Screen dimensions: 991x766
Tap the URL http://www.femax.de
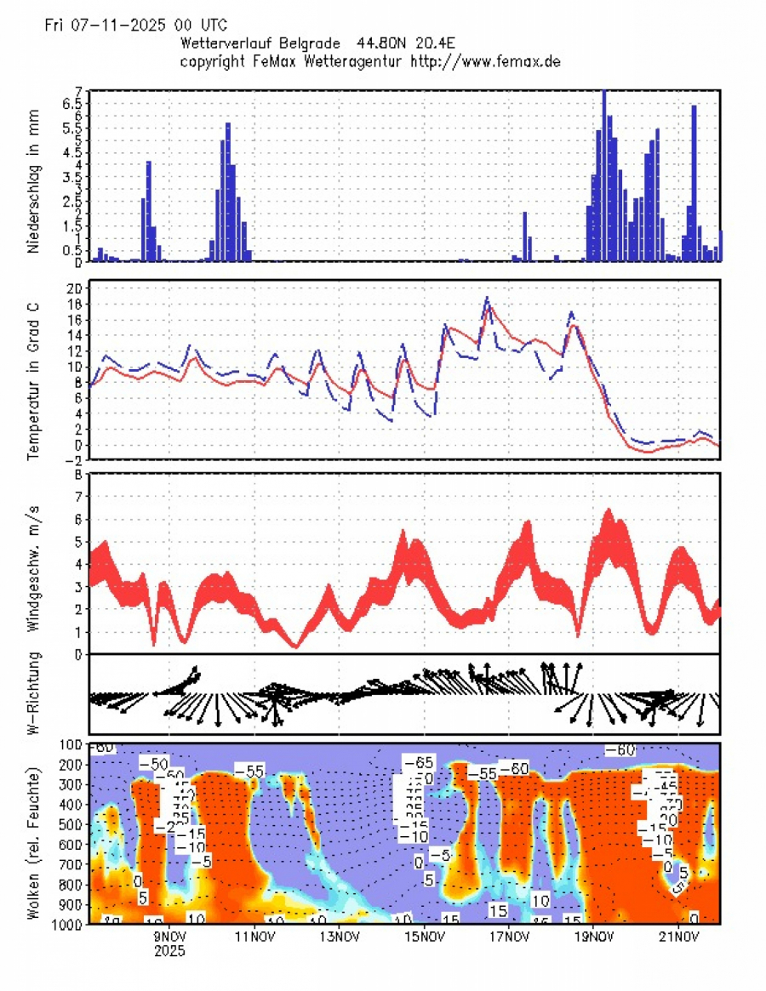[x=485, y=61]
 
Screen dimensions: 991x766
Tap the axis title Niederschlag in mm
[x=34, y=176]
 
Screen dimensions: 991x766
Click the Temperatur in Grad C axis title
[x=34, y=372]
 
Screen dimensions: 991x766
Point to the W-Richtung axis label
[x=34, y=693]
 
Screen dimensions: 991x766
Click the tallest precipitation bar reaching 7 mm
[x=604, y=174]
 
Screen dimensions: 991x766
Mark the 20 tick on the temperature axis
[x=75, y=288]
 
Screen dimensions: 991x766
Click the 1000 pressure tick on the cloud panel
[x=70, y=924]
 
